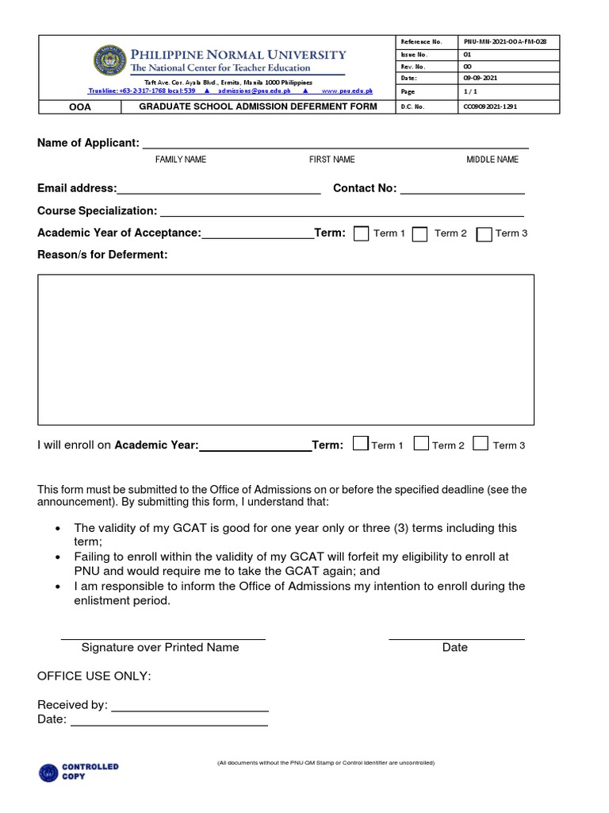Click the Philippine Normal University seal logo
109,62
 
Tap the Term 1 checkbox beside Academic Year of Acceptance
361,233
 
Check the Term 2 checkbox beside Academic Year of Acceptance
420,233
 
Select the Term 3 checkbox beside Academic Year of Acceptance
484,233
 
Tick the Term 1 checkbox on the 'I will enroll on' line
360,444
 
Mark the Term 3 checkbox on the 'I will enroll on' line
481,444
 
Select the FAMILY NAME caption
181,160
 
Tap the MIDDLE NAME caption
492,160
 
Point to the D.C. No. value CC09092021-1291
489,106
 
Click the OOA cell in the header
79,106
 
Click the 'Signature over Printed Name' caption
160,647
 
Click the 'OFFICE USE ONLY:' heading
94,676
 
